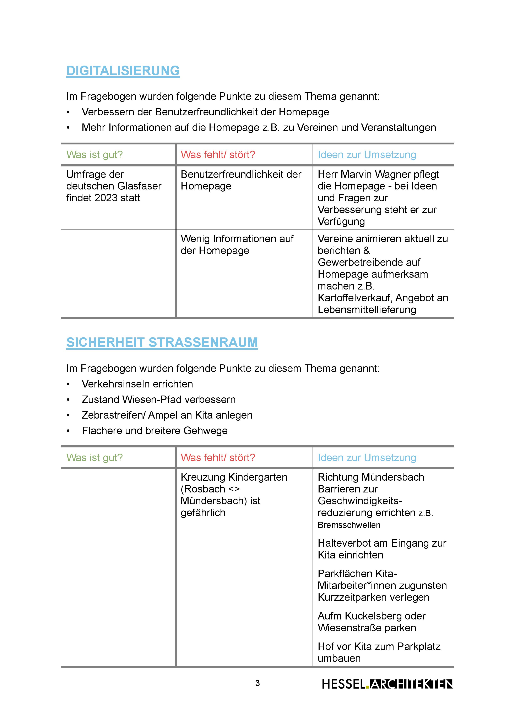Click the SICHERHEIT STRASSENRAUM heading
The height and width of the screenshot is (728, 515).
point(162,342)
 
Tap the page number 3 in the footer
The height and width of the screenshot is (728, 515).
point(257,683)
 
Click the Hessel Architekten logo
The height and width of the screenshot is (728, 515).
point(387,684)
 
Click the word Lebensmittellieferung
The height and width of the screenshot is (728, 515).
point(367,310)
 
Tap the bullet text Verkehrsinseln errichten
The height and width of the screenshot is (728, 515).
point(137,384)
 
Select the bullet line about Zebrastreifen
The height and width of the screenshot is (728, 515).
point(167,415)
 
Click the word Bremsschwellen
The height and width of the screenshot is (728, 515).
point(349,525)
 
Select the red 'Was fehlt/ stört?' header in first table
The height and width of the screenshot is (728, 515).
point(218,155)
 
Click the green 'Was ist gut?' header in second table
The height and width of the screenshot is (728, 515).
point(94,458)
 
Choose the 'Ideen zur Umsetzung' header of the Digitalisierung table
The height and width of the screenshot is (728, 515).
point(367,155)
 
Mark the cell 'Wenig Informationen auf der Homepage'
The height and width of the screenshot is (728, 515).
point(237,244)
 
